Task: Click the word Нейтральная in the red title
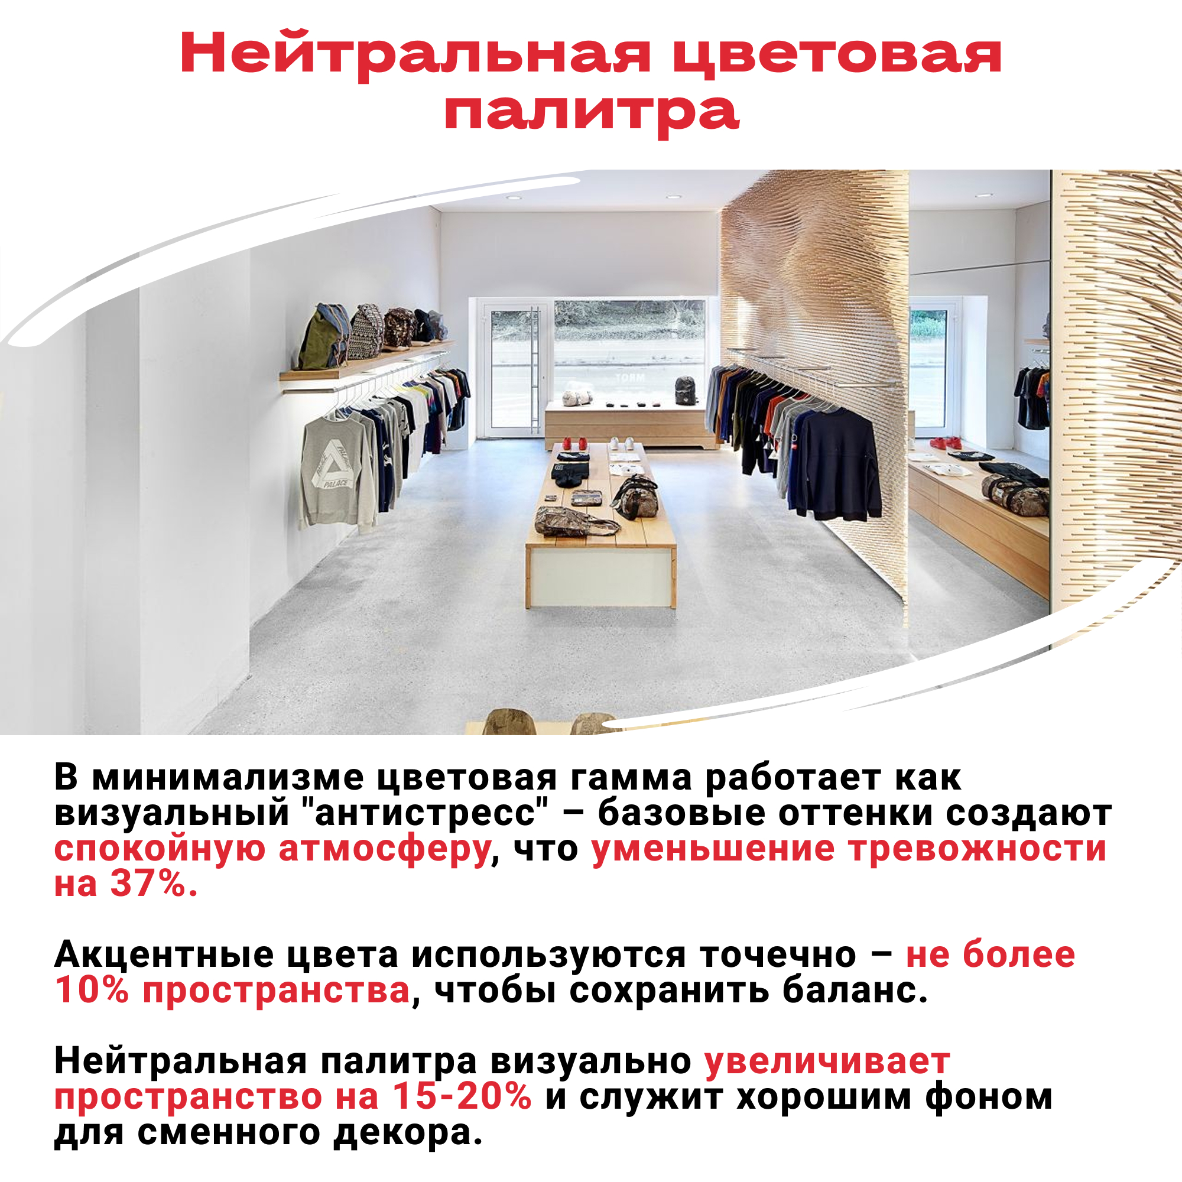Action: click(x=415, y=54)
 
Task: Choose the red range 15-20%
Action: click(x=463, y=1096)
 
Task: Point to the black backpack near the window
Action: click(x=686, y=390)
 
